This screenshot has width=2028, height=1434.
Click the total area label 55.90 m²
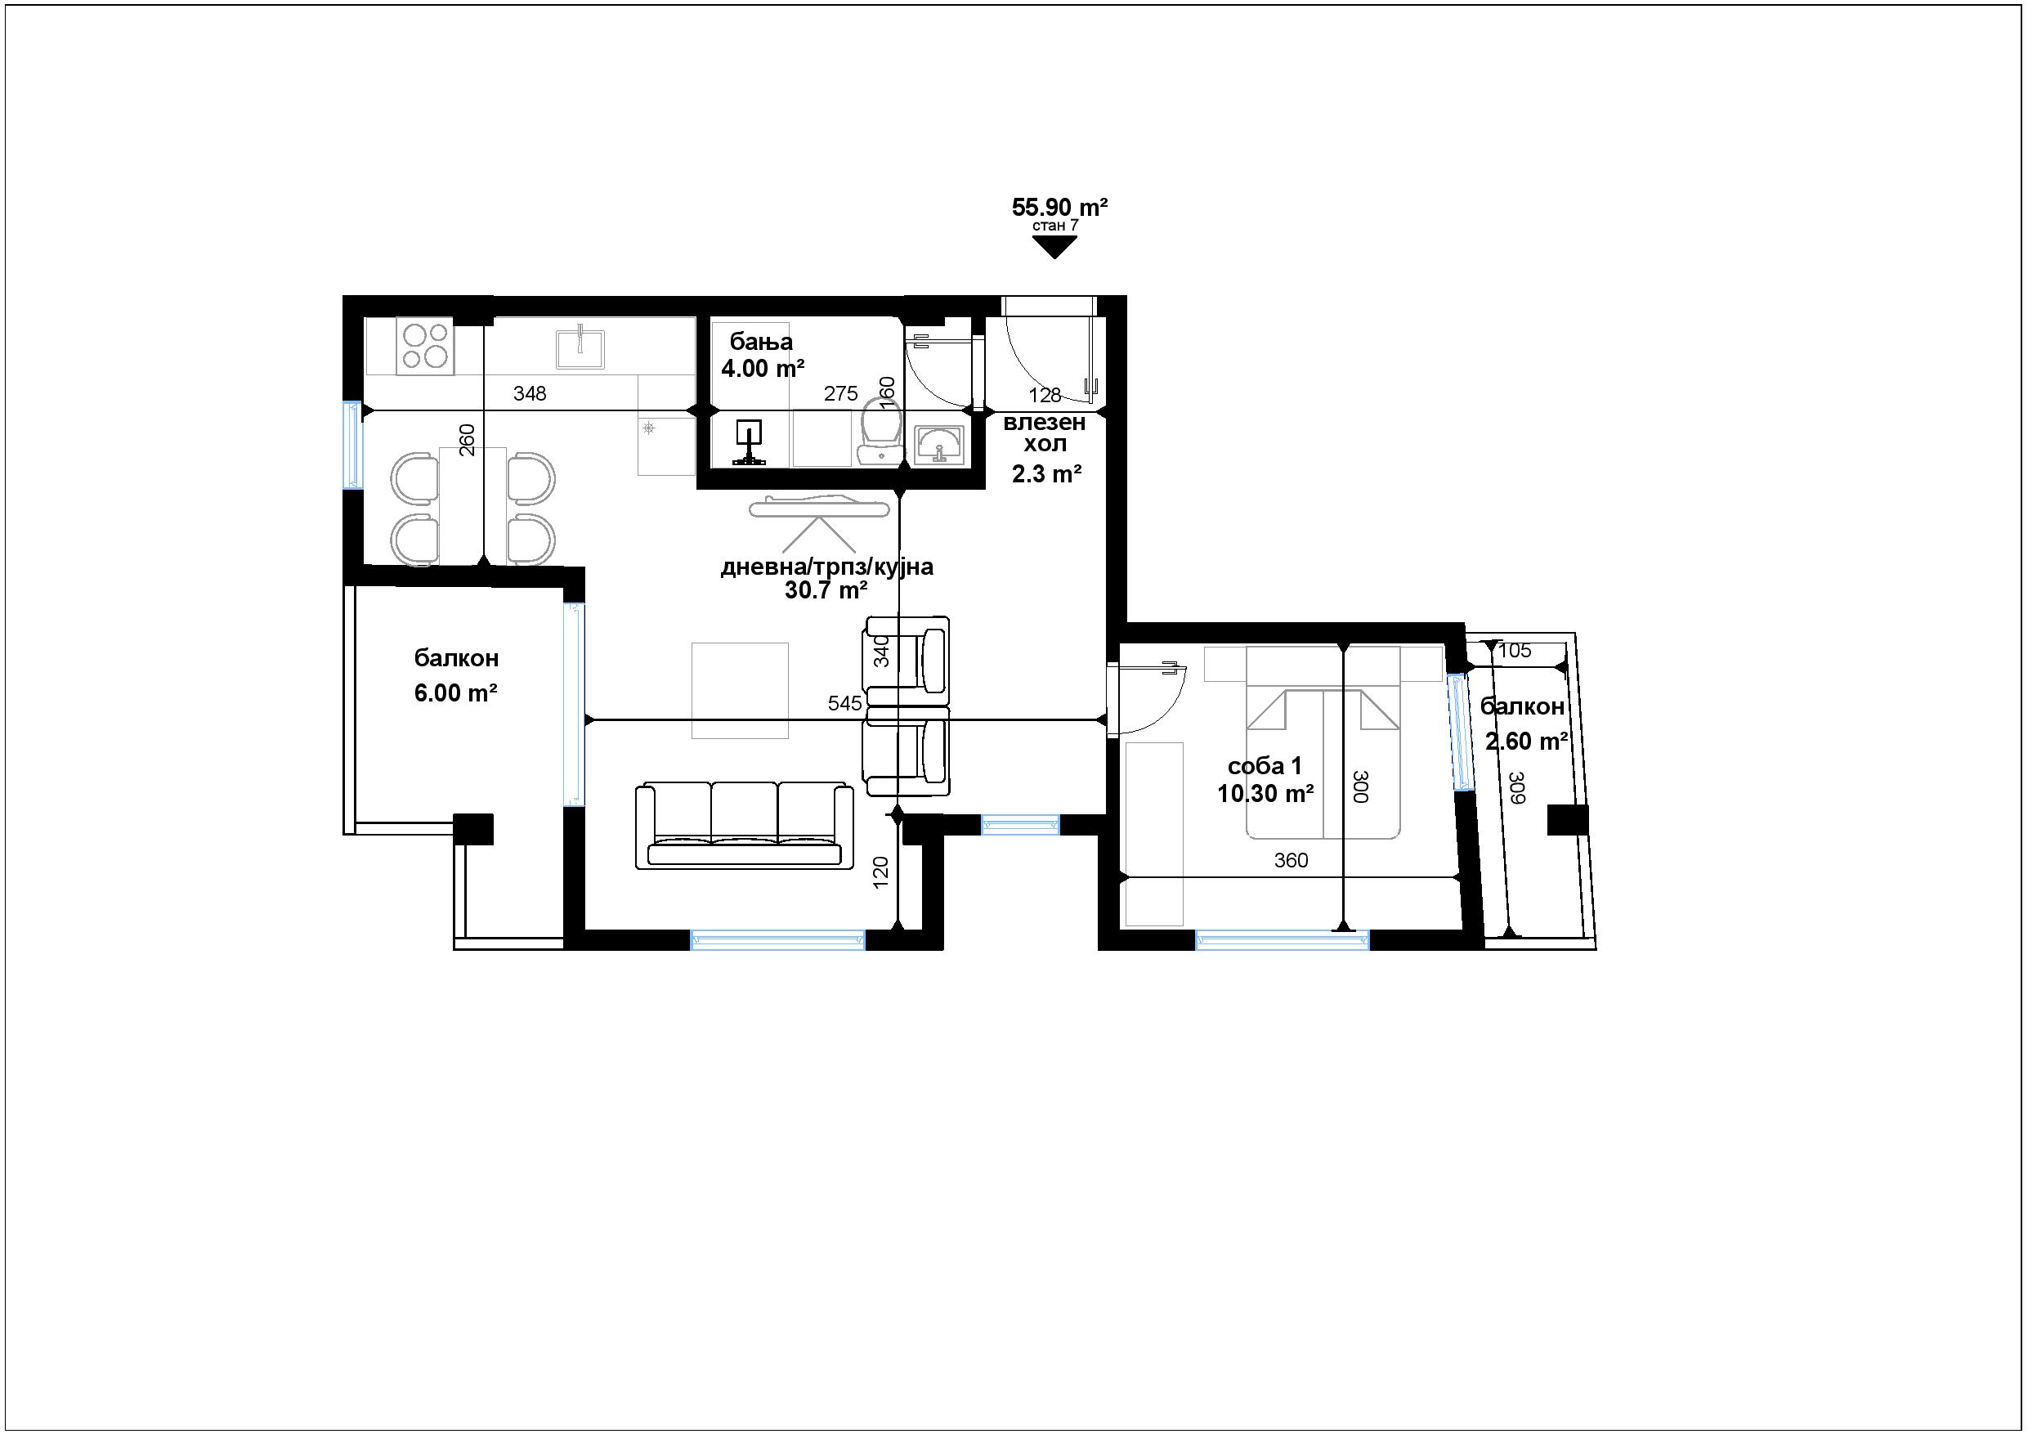tap(1059, 208)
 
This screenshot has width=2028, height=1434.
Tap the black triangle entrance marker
tap(1054, 248)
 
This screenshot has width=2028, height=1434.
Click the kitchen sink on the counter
tap(580, 348)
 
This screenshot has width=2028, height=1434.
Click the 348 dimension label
tap(530, 394)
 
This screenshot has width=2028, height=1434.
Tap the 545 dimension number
tap(844, 703)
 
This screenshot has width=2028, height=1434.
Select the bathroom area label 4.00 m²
tap(763, 369)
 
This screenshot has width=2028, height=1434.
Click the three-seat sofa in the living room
tap(745, 825)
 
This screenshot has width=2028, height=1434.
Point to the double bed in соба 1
tap(1323, 742)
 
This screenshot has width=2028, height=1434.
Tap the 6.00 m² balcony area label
tap(456, 692)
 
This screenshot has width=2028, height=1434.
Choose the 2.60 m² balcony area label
tap(1526, 742)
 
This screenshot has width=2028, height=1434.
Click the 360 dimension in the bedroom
tap(1292, 861)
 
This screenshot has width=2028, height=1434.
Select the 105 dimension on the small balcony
tap(1515, 651)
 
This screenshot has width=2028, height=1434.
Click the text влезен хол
tap(1044, 433)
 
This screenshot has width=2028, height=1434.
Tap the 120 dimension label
tap(880, 872)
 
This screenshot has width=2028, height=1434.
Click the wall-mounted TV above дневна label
tap(818, 507)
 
